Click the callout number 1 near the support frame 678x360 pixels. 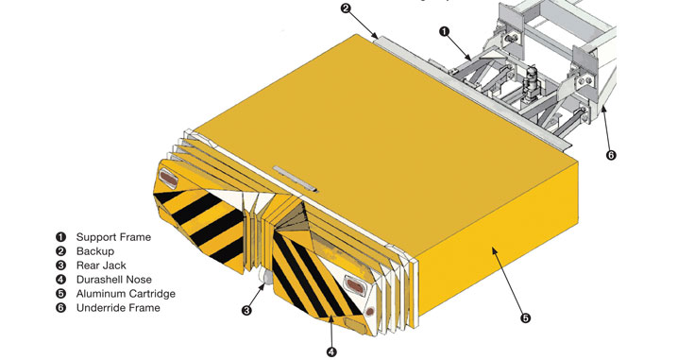(445, 31)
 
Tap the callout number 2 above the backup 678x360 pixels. (345, 9)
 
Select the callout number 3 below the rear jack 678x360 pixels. (246, 310)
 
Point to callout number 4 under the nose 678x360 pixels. (331, 351)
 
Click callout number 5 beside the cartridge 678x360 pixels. (525, 318)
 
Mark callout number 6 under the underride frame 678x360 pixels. (611, 154)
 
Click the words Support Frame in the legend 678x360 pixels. (113, 237)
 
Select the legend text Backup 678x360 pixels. (95, 251)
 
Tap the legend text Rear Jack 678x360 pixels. (101, 266)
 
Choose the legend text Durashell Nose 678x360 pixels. (114, 280)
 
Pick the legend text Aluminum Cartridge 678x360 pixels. (126, 294)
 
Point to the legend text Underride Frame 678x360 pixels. (118, 308)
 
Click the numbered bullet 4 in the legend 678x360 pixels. (60, 280)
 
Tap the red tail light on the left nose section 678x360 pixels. (167, 178)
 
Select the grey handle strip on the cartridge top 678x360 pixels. (296, 178)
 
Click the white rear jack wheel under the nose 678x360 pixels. (266, 278)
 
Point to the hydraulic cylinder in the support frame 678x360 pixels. (531, 82)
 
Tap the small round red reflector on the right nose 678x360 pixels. (369, 311)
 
